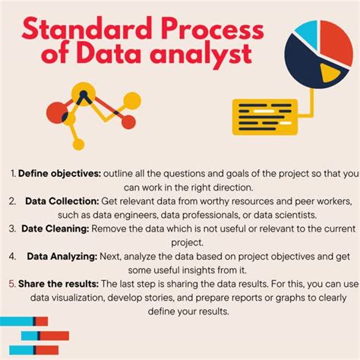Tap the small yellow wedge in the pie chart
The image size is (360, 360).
pos(330,73)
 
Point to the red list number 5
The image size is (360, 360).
pos(12,282)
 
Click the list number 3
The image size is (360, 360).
pos(13,227)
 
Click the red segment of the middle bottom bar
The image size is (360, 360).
pos(54,335)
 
